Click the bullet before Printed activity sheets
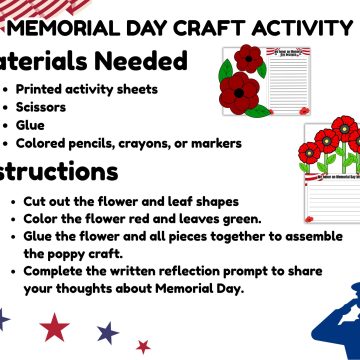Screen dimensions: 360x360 click(x=8, y=90)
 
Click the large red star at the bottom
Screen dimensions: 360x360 click(x=54, y=326)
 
